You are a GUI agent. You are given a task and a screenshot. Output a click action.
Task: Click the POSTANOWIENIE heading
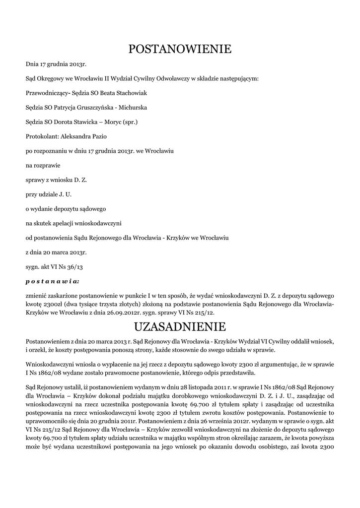click(x=180, y=49)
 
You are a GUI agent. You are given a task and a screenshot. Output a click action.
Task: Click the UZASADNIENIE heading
click(x=180, y=327)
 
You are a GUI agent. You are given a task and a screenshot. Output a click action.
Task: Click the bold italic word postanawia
click(x=52, y=281)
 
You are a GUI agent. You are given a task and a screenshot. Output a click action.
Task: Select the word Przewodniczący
click(x=48, y=93)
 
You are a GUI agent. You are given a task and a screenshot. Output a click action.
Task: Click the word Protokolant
click(x=41, y=136)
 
